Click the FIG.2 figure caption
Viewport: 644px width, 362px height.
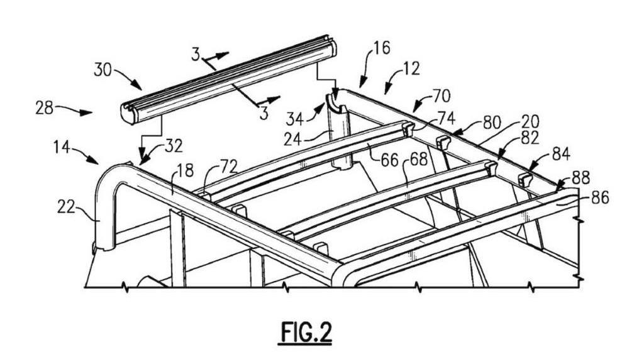coord(306,332)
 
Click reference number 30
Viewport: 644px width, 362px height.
coord(103,69)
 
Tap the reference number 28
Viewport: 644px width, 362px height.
coord(45,108)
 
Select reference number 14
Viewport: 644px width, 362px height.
coord(62,146)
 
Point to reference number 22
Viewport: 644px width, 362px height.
coord(65,207)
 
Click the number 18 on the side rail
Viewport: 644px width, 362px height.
coord(186,170)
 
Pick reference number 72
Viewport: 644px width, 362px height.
coord(229,166)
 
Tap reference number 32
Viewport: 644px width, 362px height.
coord(174,146)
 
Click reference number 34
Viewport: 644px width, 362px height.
coord(294,119)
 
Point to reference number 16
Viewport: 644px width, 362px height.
coord(382,48)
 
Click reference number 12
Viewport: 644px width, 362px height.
coord(412,69)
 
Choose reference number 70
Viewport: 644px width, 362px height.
coord(441,96)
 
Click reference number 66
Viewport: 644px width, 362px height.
coord(389,160)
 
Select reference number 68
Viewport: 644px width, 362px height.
coord(418,160)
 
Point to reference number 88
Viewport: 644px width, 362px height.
coord(580,178)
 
